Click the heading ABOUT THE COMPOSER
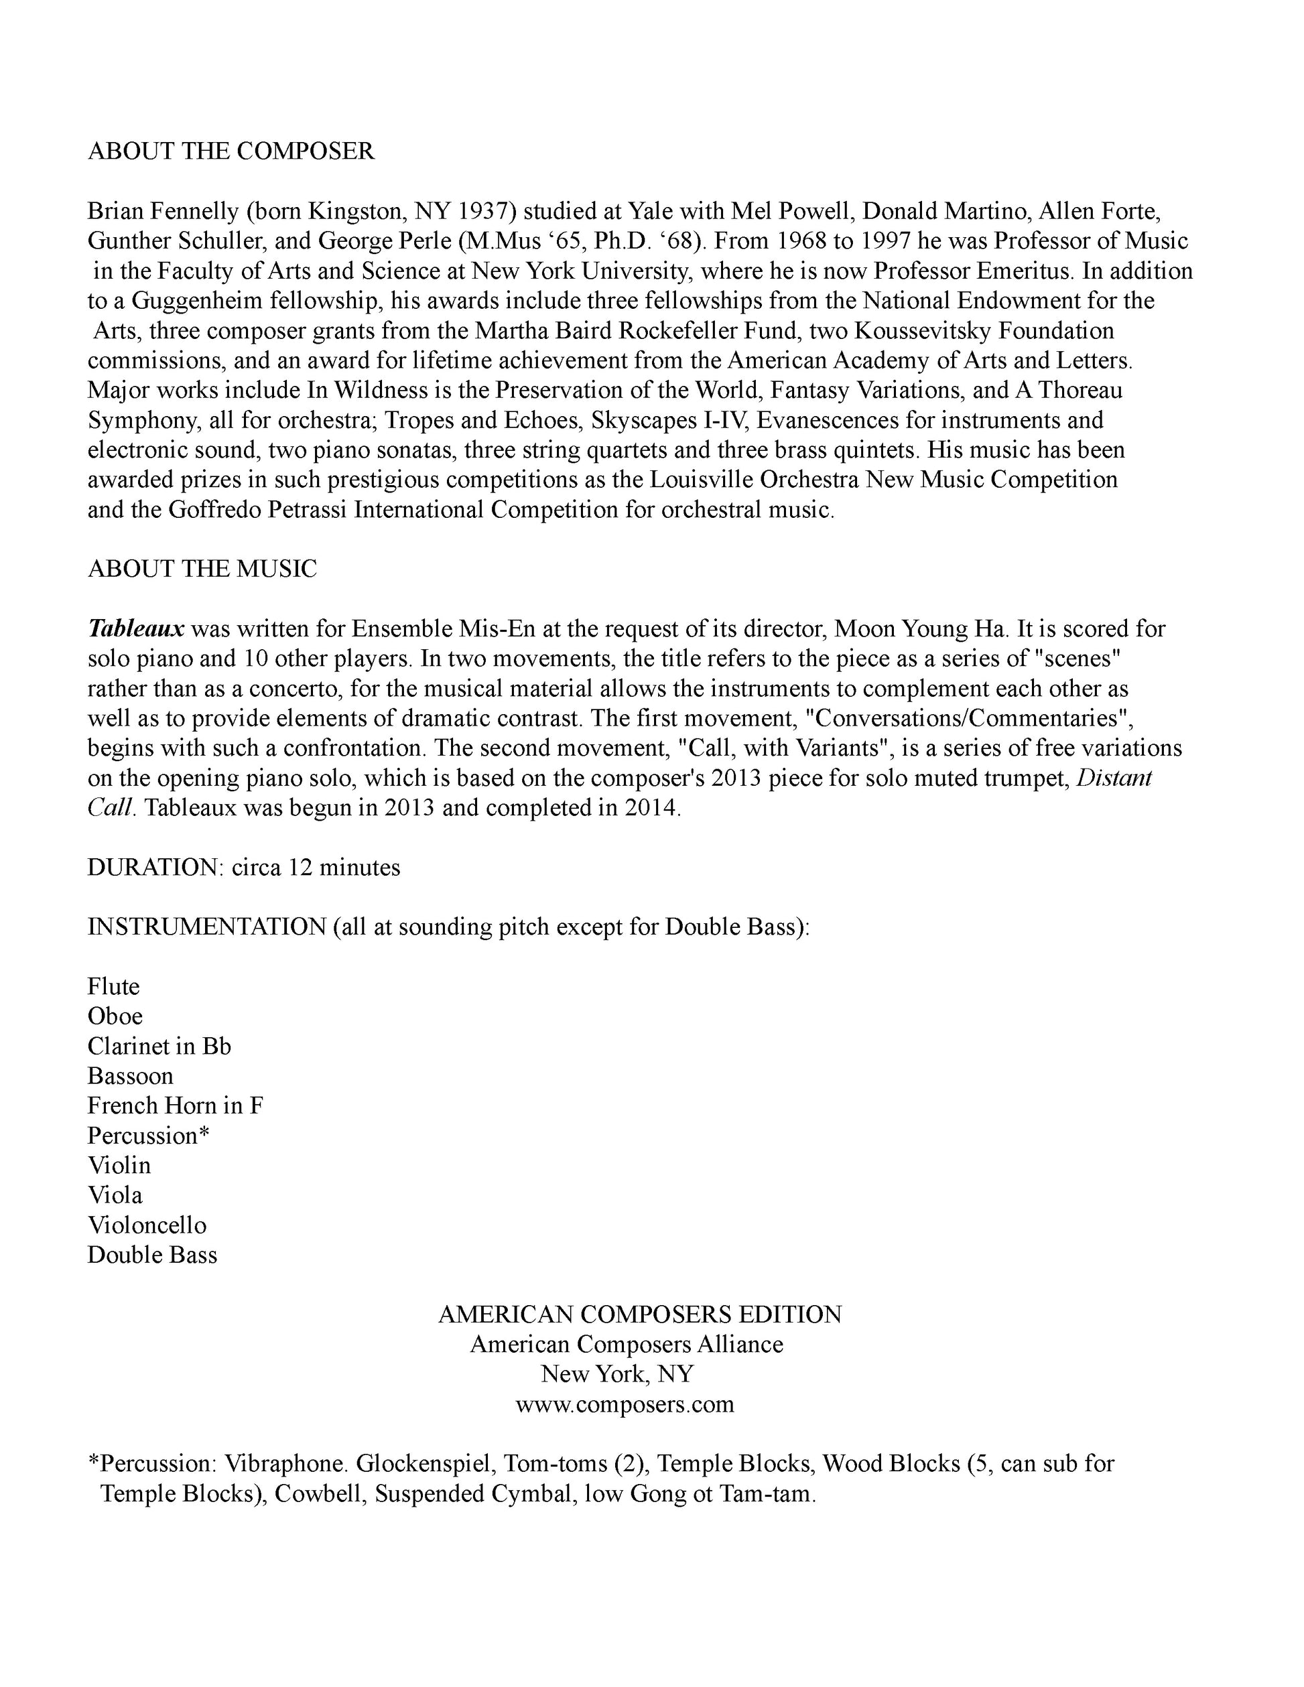(231, 151)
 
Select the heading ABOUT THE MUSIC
(202, 569)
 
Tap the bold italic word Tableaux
(136, 628)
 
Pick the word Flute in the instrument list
(113, 986)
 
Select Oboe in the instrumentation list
(115, 1016)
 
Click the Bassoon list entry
(131, 1076)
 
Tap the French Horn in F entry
(176, 1106)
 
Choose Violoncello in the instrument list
(147, 1225)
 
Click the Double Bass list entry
(152, 1256)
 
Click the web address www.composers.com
(625, 1404)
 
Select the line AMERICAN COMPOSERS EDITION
(640, 1314)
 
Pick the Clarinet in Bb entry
(159, 1046)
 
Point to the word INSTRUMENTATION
(207, 927)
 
